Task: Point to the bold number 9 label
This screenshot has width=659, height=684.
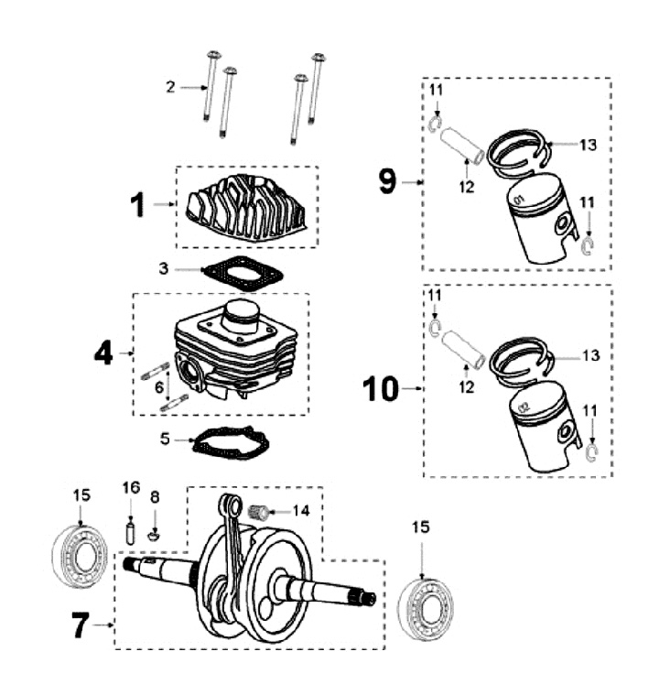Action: pos(389,181)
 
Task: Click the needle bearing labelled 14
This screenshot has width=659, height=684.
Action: pos(261,512)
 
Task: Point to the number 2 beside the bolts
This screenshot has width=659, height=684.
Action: pos(170,87)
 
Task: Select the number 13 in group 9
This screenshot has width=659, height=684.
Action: pos(589,145)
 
